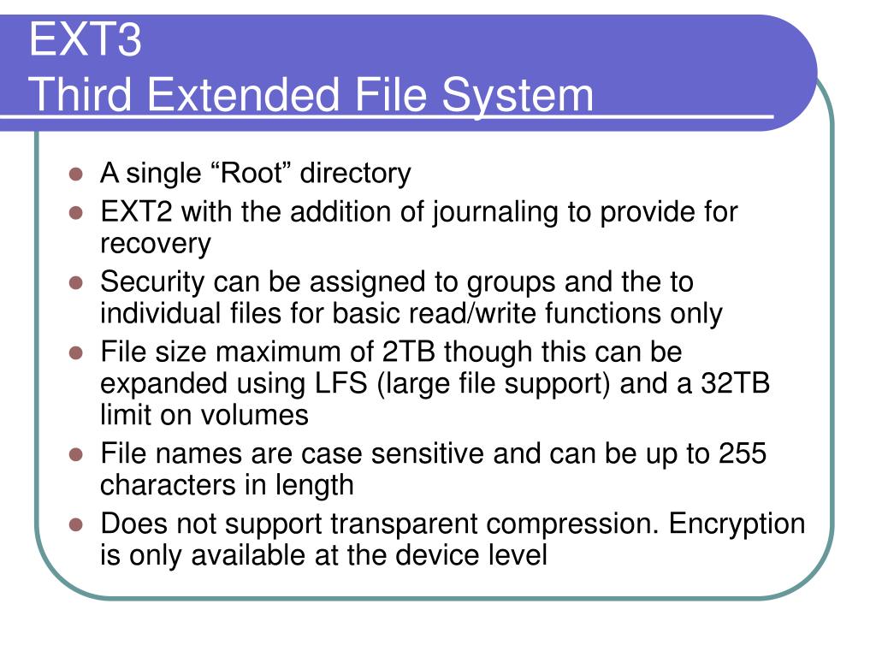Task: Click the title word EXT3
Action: [x=85, y=41]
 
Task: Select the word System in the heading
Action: [x=518, y=95]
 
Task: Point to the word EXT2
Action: [x=137, y=211]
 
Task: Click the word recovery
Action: [x=155, y=245]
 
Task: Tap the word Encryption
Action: [x=737, y=523]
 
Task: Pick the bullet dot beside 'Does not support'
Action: [x=76, y=524]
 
